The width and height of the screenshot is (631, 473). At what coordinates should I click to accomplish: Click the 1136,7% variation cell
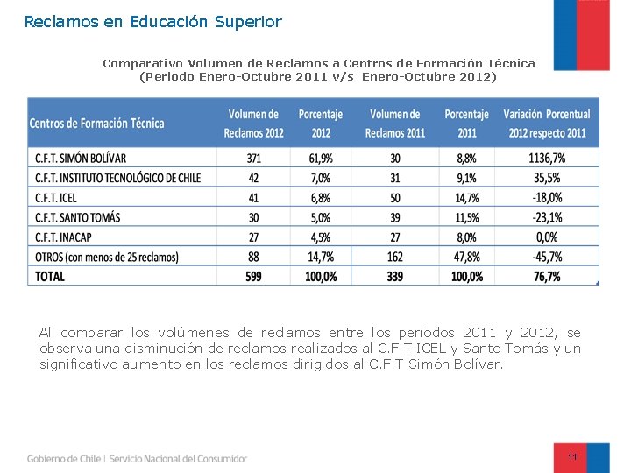546,159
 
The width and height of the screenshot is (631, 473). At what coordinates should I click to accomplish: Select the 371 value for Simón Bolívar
254,159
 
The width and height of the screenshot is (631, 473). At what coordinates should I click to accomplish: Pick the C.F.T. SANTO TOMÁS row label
77,217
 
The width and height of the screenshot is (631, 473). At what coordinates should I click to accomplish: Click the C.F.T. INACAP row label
64,237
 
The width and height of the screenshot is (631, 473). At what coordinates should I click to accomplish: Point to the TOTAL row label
50,276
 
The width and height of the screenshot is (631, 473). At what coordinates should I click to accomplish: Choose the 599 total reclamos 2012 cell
254,276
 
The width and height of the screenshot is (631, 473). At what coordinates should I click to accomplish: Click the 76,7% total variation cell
546,276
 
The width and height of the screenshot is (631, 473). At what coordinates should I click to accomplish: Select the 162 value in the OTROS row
395,257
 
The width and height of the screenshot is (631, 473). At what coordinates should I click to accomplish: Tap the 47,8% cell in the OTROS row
466,257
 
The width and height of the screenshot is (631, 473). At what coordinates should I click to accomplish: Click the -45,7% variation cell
546,257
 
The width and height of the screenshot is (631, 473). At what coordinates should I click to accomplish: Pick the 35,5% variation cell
546,178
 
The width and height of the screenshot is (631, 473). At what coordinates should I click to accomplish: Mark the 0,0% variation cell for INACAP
546,237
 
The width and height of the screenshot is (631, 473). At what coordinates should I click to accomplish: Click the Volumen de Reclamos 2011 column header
395,124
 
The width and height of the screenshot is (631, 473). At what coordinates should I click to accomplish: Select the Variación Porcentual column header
546,124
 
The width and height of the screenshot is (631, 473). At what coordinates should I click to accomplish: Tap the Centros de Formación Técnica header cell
96,124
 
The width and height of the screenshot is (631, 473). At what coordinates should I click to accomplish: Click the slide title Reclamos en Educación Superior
153,21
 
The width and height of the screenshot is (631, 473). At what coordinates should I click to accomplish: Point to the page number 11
572,457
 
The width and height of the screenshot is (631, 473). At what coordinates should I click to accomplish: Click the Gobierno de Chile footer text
64,458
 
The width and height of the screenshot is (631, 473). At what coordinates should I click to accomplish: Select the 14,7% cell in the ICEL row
466,198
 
